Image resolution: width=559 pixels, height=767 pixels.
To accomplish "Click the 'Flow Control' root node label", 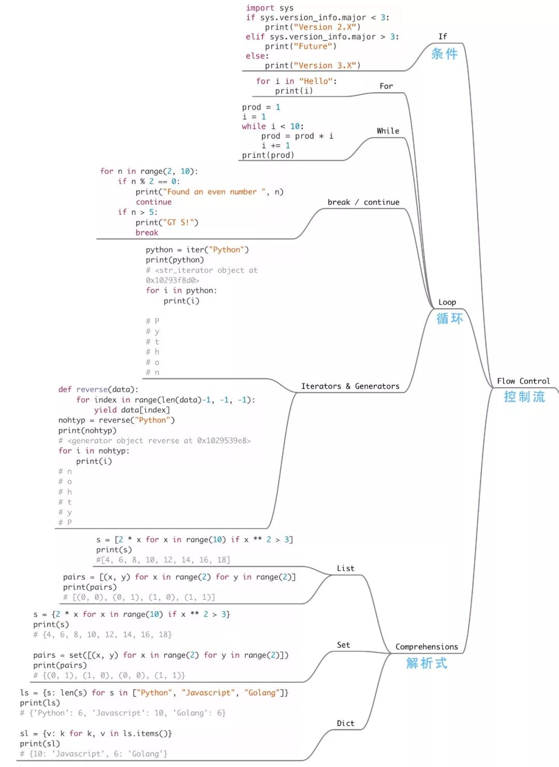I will click(x=523, y=381).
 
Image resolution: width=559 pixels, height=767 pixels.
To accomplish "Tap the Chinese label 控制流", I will click(x=524, y=397).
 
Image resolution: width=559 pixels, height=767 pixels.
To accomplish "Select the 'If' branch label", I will click(x=443, y=37).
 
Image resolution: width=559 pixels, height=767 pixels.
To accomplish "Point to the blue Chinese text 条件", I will click(x=445, y=54).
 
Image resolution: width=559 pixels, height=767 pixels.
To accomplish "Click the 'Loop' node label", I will click(x=447, y=302).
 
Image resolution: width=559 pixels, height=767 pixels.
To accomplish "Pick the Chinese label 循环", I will click(x=449, y=318).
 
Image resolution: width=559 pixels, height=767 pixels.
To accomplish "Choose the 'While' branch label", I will click(x=388, y=131).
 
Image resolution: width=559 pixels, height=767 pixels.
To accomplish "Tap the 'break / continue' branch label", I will click(x=363, y=202).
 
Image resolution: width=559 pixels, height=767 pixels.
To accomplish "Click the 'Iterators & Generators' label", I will click(x=350, y=386).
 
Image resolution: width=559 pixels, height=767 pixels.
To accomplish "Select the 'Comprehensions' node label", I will click(x=426, y=646).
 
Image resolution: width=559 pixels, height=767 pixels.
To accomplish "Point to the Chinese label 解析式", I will click(x=426, y=663).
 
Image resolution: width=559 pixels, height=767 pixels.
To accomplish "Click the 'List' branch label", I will click(x=346, y=568).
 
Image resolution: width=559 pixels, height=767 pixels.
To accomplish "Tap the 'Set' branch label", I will click(x=344, y=645).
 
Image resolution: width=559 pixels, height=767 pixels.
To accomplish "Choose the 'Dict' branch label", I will click(x=346, y=723).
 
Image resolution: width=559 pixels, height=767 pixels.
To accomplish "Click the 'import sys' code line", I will click(x=270, y=8).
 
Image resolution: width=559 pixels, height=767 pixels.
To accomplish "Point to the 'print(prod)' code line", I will click(x=268, y=155).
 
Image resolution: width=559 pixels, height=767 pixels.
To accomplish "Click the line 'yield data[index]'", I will click(x=132, y=410).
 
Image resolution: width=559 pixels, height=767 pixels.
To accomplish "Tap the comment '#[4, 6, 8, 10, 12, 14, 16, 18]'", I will click(x=163, y=559).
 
